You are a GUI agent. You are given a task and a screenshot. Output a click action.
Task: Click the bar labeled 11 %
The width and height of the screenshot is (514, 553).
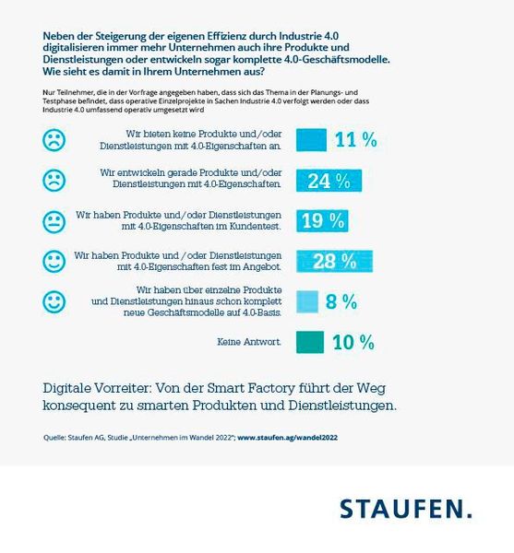[311, 140]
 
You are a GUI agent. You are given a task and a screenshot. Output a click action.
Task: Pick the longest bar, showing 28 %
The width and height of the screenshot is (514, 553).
[334, 261]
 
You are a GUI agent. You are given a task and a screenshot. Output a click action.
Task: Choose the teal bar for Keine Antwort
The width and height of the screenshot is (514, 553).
[309, 342]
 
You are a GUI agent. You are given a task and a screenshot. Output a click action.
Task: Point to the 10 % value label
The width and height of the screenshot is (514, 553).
[353, 343]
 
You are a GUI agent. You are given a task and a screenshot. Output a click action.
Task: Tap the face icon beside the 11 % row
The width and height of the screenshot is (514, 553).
[55, 140]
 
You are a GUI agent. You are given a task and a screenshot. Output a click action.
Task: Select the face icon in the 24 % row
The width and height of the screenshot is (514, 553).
[55, 180]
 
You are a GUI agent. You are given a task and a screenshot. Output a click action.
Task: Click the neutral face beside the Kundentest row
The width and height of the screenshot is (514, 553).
[55, 221]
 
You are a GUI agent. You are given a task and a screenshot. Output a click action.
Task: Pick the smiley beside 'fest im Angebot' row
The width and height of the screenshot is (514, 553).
[55, 262]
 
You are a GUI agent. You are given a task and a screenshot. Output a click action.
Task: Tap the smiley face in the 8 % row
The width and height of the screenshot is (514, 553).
[55, 302]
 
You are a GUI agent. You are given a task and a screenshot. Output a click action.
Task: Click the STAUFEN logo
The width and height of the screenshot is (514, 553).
[405, 508]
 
